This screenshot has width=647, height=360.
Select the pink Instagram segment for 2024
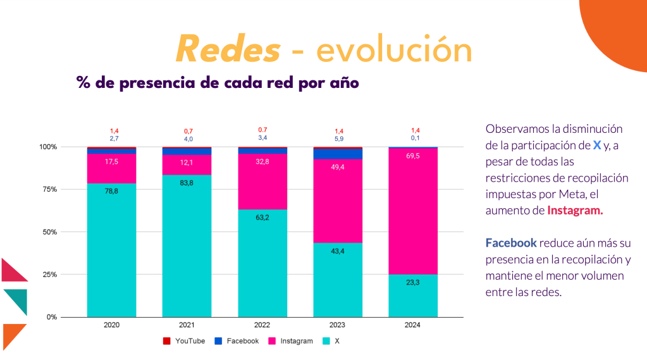point(413,209)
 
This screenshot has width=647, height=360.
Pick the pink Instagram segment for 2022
point(262,183)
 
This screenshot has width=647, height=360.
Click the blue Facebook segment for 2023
point(338,154)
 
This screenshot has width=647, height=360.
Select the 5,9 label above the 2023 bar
point(338,138)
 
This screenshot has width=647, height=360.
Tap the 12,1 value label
point(187,163)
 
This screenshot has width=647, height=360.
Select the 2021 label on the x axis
point(187,325)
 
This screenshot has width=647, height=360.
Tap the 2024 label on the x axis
point(413,325)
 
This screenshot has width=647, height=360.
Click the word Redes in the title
point(228,50)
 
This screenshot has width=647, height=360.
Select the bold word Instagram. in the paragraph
point(575,211)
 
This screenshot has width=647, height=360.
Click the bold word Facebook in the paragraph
point(510,243)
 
